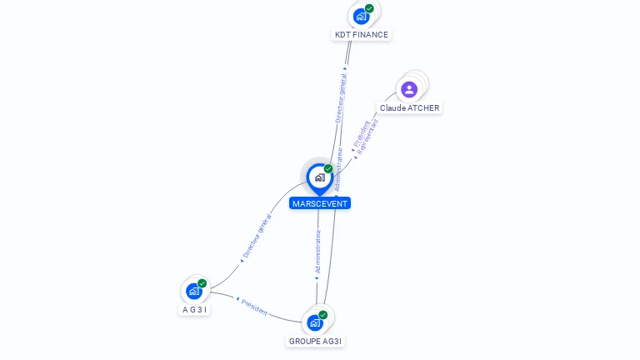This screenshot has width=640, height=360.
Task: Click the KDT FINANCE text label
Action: [361, 35]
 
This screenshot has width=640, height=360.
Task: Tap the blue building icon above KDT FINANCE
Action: [361, 16]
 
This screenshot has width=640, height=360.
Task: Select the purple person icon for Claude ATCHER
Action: [409, 89]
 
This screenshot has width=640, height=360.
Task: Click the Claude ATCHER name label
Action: [409, 108]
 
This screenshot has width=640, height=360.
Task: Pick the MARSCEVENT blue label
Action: [320, 203]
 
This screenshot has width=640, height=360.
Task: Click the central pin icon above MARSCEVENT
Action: [319, 177]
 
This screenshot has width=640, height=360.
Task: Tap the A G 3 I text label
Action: [195, 310]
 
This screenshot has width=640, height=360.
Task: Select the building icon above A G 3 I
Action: [194, 291]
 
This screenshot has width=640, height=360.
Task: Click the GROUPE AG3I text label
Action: [315, 341]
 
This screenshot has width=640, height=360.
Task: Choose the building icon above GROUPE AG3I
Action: [315, 322]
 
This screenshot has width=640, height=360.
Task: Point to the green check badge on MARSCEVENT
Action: [328, 168]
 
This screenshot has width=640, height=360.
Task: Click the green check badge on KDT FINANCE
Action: [369, 8]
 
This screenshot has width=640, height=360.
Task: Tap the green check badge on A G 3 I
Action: [202, 283]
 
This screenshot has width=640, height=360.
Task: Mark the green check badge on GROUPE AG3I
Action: [323, 315]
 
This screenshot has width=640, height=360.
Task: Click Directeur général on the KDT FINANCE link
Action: [340, 97]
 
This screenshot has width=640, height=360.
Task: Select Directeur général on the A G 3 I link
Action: [257, 236]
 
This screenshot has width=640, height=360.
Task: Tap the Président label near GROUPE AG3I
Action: [254, 306]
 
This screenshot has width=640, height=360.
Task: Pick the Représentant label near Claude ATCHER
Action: [367, 135]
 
